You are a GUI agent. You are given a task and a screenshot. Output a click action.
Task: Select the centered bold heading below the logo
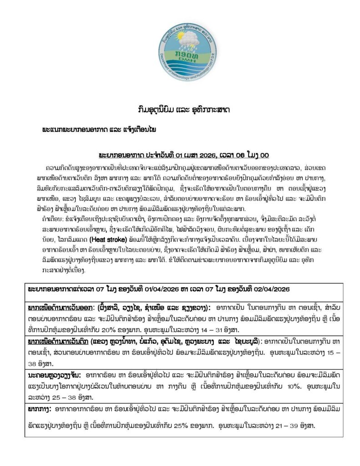coord(180,111)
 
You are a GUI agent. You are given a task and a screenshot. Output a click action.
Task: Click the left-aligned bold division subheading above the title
coord(99,130)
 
